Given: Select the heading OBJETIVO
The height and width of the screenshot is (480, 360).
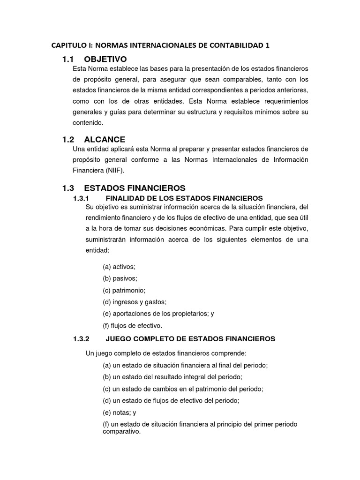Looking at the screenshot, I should [105, 59].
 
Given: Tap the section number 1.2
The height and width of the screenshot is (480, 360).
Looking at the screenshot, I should [68, 139].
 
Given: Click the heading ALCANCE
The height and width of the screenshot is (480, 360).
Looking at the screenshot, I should [105, 139].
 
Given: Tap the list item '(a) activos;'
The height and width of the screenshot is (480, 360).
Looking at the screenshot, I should [119, 266].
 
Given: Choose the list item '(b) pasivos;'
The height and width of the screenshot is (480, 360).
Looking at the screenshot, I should [120, 278].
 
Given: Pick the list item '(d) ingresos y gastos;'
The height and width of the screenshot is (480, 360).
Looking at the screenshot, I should [135, 302].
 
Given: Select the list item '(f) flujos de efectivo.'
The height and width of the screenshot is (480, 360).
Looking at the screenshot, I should [132, 325].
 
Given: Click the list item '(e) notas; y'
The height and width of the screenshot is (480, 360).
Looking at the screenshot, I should [119, 412].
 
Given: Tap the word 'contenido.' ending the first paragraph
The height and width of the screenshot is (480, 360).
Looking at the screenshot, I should [88, 122].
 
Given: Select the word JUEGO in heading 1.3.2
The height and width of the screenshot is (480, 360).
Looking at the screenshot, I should [118, 338].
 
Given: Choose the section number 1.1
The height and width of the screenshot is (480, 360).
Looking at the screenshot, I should [68, 59].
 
